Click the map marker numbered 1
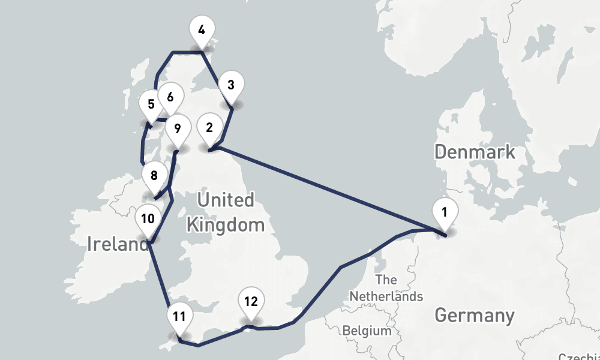pyautogui.click(x=445, y=212)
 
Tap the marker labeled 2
pyautogui.click(x=209, y=128)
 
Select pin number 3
pyautogui.click(x=231, y=85)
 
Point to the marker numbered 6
pyautogui.click(x=170, y=97)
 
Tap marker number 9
pyautogui.click(x=176, y=128)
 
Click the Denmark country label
pyautogui.click(x=475, y=151)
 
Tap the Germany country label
pyautogui.click(x=474, y=315)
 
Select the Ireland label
pyautogui.click(x=118, y=244)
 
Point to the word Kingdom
pyautogui.click(x=226, y=225)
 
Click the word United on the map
pyautogui.click(x=226, y=200)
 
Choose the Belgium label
pyautogui.click(x=367, y=331)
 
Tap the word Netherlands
pyautogui.click(x=386, y=296)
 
